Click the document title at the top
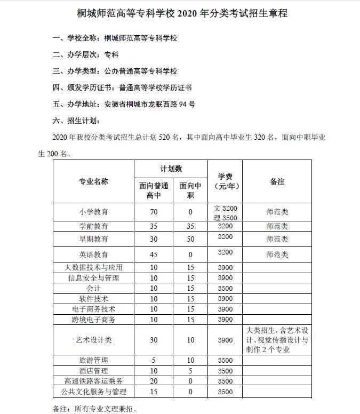click(x=180, y=13)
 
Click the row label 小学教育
click(x=93, y=212)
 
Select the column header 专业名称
click(x=93, y=181)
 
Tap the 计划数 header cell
click(x=171, y=169)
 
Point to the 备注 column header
click(x=277, y=181)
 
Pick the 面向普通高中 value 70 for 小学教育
click(x=154, y=212)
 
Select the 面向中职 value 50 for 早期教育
click(x=190, y=238)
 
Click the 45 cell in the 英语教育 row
click(x=154, y=254)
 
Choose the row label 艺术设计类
click(x=93, y=340)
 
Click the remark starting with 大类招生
click(x=277, y=340)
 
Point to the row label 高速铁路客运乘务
click(x=93, y=381)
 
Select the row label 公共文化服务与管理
click(x=93, y=392)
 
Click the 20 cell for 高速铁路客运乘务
click(x=154, y=381)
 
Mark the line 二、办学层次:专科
click(x=85, y=54)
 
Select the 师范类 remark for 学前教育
click(x=277, y=226)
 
